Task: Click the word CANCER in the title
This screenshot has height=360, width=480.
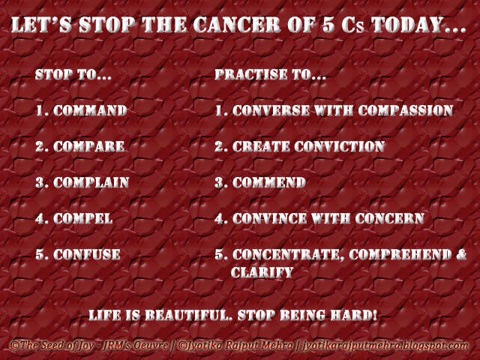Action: coord(237,25)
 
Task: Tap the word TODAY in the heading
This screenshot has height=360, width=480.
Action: coord(408,25)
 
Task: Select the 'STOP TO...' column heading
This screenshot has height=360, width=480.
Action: coord(73,74)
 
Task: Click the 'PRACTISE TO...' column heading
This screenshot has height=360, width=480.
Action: coord(270,74)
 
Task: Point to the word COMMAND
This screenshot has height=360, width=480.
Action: coord(90,110)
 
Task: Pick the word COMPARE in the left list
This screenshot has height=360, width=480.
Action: coord(89,147)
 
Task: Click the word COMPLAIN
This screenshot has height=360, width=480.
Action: coord(91,183)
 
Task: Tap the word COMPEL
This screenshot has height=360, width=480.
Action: coord(83,219)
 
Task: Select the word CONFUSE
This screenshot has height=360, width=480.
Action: coord(87,255)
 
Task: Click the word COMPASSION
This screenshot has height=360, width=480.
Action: coord(406,110)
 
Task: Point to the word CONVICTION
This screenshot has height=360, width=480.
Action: coord(340,147)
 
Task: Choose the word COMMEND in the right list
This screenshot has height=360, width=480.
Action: coord(269,183)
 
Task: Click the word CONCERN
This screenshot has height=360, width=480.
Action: coord(390,219)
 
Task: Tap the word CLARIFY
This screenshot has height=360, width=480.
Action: coord(262,272)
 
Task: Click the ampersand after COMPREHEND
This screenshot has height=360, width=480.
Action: coord(461,255)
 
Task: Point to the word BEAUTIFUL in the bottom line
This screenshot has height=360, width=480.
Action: coord(188,315)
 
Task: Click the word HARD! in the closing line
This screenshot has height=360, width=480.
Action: coord(354,315)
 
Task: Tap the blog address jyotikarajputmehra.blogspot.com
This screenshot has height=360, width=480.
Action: coord(385,346)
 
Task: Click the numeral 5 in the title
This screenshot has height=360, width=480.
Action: coord(328,25)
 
